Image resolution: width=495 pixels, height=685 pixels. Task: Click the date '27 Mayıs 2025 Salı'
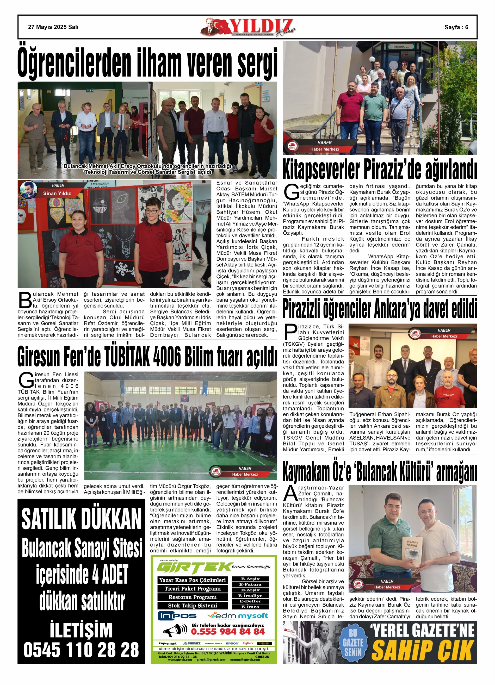53,27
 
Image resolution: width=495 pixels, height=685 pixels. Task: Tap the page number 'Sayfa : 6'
456,27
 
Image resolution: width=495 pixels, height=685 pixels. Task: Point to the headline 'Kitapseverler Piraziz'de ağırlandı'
380,170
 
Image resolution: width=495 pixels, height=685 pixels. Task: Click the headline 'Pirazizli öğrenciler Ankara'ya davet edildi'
380,308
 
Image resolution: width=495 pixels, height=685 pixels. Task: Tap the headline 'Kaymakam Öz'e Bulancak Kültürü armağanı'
380,473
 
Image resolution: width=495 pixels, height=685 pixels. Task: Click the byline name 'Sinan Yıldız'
57,193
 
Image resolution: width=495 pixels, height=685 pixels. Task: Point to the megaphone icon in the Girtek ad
175,630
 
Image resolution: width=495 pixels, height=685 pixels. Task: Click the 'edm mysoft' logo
238,615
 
